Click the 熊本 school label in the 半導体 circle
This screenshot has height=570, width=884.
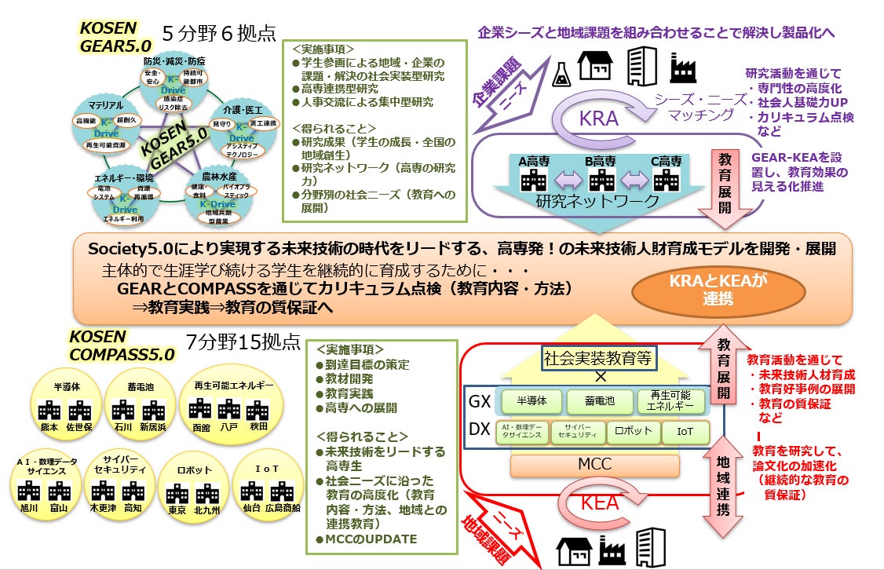(x=49, y=428)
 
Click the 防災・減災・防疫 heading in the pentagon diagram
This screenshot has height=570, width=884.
(x=174, y=61)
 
